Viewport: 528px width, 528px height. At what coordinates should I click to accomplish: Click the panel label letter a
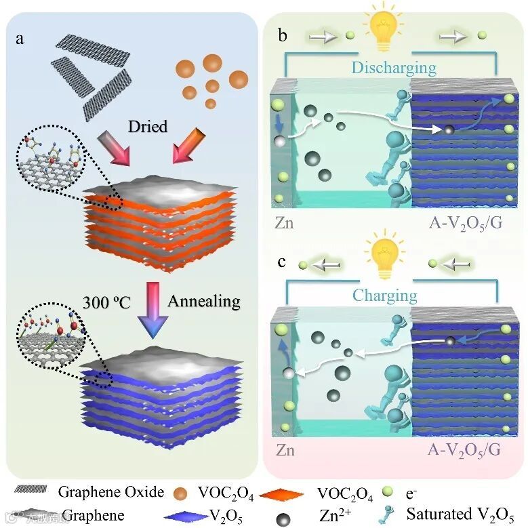point(21,39)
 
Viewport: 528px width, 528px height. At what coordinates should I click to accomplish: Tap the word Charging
point(385,296)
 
